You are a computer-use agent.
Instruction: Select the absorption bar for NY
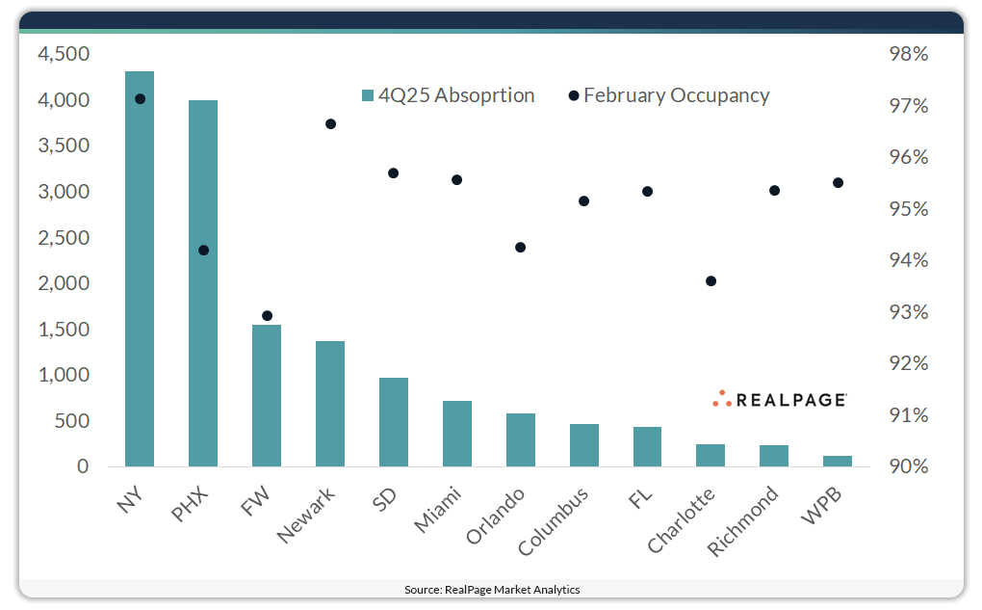pyautogui.click(x=140, y=270)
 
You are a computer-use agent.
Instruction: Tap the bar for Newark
pyautogui.click(x=330, y=405)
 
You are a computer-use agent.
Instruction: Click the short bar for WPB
pyautogui.click(x=838, y=462)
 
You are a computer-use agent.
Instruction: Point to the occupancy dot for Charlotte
pyautogui.click(x=711, y=281)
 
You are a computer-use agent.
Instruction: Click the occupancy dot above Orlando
pyautogui.click(x=520, y=248)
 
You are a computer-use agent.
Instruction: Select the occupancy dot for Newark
pyautogui.click(x=330, y=124)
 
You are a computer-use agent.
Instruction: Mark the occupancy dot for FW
pyautogui.click(x=267, y=316)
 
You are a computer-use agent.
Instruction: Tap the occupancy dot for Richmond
pyautogui.click(x=774, y=191)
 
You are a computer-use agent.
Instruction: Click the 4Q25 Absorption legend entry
pyautogui.click(x=448, y=95)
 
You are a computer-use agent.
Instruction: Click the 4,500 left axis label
pyautogui.click(x=64, y=55)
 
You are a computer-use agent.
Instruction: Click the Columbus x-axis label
pyautogui.click(x=554, y=521)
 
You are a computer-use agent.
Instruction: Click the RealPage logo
pyautogui.click(x=780, y=399)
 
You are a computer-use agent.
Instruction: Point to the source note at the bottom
pyautogui.click(x=492, y=589)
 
